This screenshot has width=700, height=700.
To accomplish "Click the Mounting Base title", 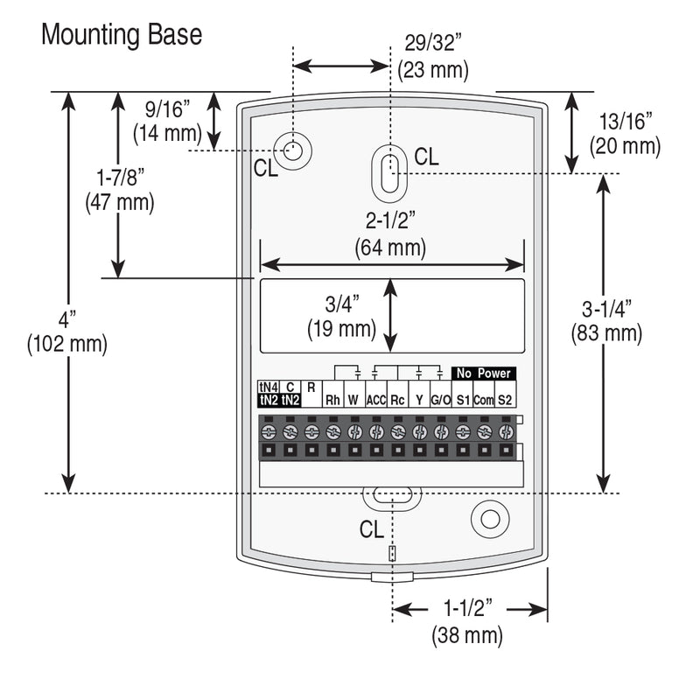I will [122, 35].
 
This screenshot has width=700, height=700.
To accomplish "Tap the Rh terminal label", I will [332, 400].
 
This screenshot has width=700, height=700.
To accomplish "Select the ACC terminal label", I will [376, 400].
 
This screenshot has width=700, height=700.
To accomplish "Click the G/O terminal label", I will [441, 400].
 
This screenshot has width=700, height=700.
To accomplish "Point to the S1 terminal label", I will [463, 400].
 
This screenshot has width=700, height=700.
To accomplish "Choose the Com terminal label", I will [484, 400].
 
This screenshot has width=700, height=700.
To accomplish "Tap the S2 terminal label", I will [505, 400].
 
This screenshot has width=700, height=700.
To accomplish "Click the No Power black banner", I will [483, 374].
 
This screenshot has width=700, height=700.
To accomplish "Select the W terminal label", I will [354, 400].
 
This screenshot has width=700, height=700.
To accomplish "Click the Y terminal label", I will [419, 400].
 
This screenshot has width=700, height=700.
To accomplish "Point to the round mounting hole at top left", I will [295, 150].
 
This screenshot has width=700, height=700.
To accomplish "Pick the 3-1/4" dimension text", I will [606, 308].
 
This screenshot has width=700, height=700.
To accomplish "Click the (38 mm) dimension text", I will [468, 635].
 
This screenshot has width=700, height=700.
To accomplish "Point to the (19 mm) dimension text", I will [341, 330].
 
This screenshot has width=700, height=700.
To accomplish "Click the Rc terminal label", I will [397, 400].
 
